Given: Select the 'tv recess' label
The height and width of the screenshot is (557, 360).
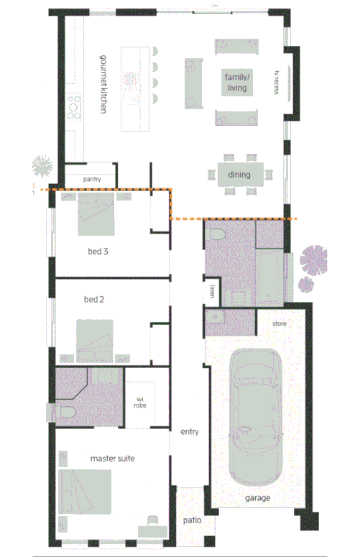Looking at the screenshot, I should (275, 82).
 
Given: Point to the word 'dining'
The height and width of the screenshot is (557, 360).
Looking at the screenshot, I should (239, 175).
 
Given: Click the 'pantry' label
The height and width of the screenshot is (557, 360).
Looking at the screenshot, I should (91, 179).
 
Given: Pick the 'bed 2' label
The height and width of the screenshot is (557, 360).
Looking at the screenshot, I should (95, 298).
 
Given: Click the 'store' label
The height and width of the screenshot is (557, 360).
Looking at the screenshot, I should (280, 324).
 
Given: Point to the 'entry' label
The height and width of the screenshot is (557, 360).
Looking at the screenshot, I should (189, 432).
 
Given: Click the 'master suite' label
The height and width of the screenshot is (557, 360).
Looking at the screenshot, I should (112, 458).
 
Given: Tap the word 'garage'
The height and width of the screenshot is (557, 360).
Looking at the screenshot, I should (256, 497).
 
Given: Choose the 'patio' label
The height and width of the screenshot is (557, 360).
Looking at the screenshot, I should (190, 520).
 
